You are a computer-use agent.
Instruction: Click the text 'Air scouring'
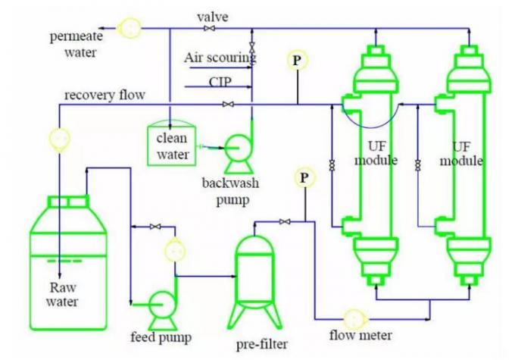220,58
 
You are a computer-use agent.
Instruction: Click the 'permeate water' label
73,45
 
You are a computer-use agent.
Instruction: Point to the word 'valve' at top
213,16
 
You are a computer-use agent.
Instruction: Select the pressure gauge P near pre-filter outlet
304,178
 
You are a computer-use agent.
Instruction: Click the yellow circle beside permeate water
130,28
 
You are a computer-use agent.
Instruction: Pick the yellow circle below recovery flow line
59,138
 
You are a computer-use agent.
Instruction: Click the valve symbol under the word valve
209,29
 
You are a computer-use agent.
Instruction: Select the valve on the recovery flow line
227,104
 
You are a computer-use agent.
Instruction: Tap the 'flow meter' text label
360,335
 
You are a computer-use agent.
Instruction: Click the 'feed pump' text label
161,337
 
